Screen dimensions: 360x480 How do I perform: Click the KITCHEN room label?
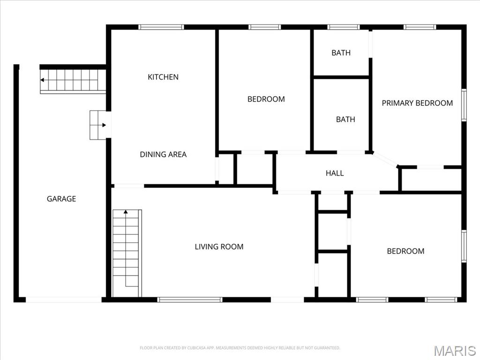click(x=163, y=77)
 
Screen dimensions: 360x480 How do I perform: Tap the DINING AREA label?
click(x=163, y=154)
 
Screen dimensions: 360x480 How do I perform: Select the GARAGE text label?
click(x=61, y=199)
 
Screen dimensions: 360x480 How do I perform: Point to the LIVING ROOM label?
click(x=219, y=247)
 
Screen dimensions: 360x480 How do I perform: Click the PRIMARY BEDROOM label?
click(x=417, y=103)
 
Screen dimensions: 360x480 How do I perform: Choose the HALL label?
click(x=335, y=173)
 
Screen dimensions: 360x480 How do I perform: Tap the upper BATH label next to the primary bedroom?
click(x=341, y=53)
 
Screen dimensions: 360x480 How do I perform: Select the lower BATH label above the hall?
click(x=345, y=120)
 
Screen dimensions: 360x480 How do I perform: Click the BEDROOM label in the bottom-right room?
click(x=405, y=251)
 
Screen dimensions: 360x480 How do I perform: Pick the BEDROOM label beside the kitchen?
click(x=266, y=99)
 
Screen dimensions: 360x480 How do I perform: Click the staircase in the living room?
click(x=127, y=253)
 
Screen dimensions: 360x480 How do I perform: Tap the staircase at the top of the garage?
click(x=73, y=80)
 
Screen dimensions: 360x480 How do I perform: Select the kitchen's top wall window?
click(x=162, y=27)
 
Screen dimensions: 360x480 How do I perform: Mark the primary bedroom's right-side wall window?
click(x=464, y=105)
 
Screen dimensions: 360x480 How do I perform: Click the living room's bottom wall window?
click(x=190, y=300)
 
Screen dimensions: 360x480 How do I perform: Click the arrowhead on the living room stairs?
click(x=126, y=212)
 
